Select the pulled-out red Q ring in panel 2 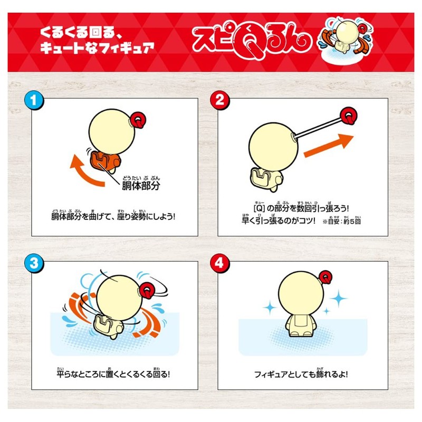pyautogui.click(x=349, y=115)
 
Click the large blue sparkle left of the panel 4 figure pyautogui.click(x=270, y=306)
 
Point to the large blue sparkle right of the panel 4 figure pyautogui.click(x=338, y=299)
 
